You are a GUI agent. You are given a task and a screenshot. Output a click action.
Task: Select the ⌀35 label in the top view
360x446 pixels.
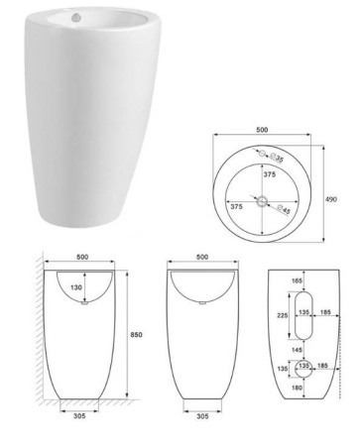point(279,158)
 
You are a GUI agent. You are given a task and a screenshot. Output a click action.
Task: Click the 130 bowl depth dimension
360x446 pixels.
point(74,287)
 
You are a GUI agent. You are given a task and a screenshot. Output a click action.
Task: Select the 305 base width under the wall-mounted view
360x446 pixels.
point(78,417)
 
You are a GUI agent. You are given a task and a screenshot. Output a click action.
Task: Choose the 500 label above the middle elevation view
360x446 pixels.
point(201,257)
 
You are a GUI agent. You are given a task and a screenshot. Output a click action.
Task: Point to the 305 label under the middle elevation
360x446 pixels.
point(203,417)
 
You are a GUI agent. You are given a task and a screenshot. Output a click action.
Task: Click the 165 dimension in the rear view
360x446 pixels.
point(298,281)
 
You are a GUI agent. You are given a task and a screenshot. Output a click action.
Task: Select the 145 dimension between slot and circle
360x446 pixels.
point(298,349)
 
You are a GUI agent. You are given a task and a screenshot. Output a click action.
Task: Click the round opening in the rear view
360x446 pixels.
point(302,367)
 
